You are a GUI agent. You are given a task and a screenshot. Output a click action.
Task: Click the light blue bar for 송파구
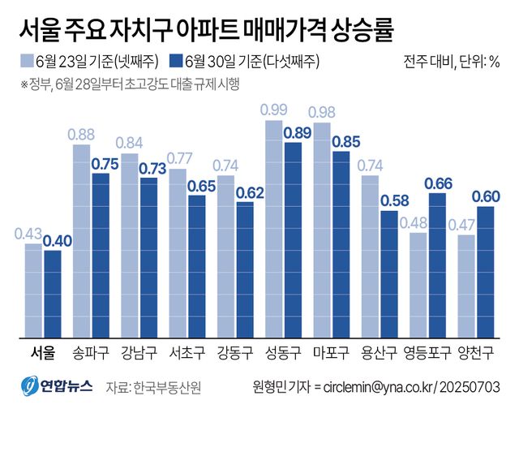click(x=82, y=242)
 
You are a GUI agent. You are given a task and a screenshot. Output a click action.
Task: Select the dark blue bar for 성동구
click(x=294, y=240)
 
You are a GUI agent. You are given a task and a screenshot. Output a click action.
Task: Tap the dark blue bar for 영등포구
click(x=438, y=265)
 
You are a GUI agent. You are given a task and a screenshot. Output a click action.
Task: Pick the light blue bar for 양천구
click(x=466, y=286)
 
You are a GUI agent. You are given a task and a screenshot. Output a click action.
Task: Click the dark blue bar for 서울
click(x=53, y=295)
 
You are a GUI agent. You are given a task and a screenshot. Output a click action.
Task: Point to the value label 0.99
click(x=274, y=110)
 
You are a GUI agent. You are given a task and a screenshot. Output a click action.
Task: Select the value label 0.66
click(x=439, y=183)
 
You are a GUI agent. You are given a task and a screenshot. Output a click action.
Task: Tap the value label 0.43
click(x=30, y=234)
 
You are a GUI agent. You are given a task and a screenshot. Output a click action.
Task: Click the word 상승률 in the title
click(x=361, y=30)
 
